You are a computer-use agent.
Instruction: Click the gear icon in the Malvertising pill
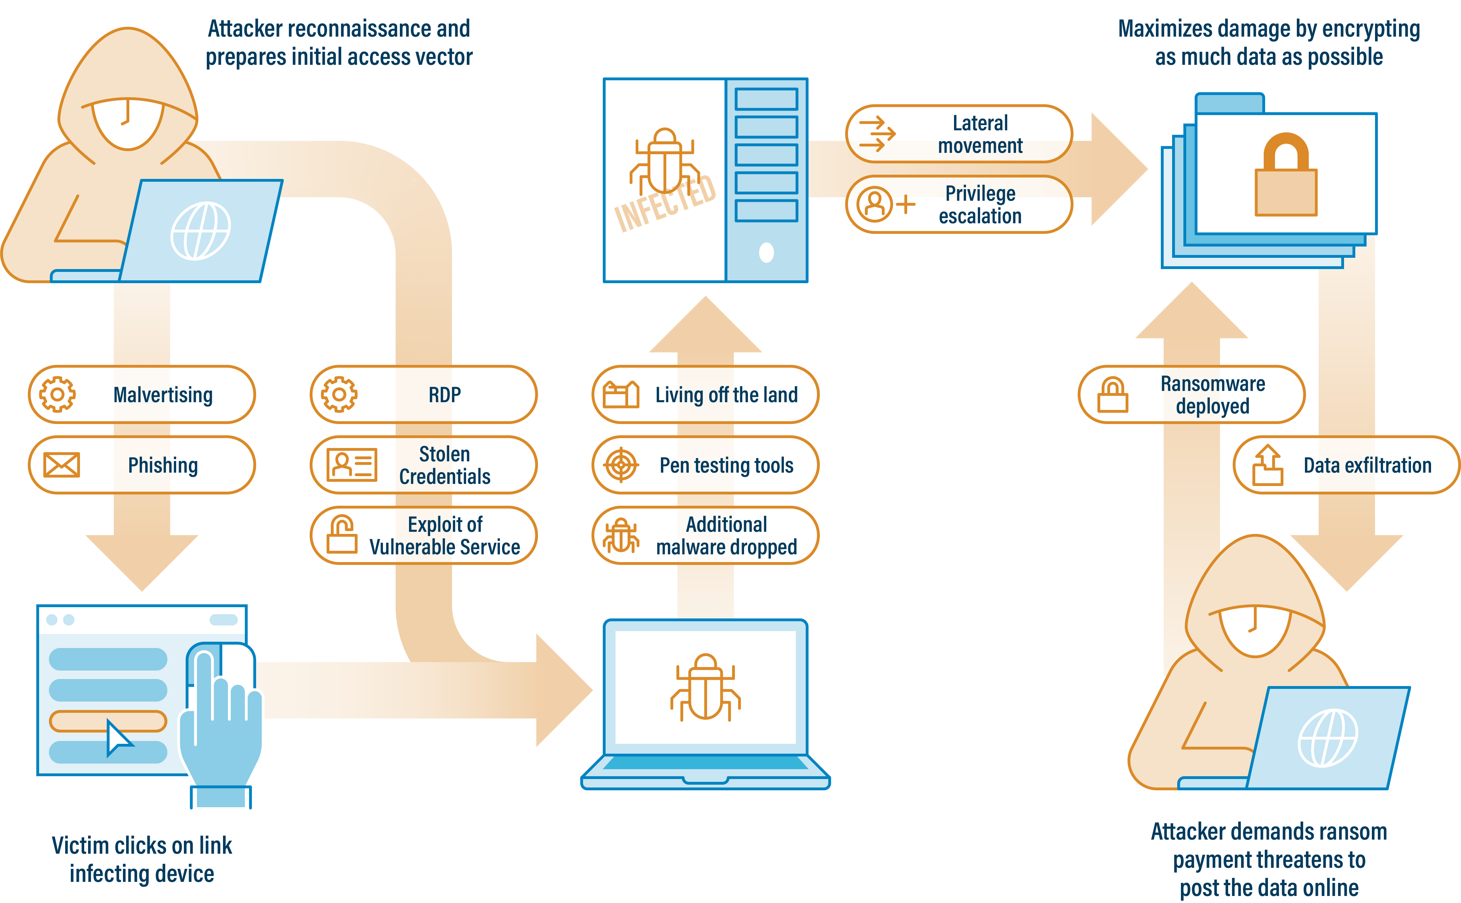click(x=57, y=394)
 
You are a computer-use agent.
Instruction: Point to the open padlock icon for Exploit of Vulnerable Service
click(x=342, y=535)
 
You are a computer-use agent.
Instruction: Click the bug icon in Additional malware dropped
click(x=621, y=535)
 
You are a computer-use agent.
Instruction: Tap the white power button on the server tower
click(x=766, y=253)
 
